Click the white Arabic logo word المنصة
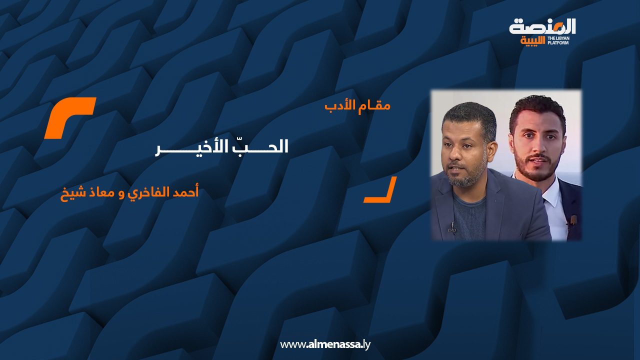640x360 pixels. (542, 27)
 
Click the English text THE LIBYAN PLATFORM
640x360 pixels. (558, 40)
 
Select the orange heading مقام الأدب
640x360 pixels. (357, 106)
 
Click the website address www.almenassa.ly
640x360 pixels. (325, 344)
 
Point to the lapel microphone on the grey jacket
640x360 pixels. (452, 228)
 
